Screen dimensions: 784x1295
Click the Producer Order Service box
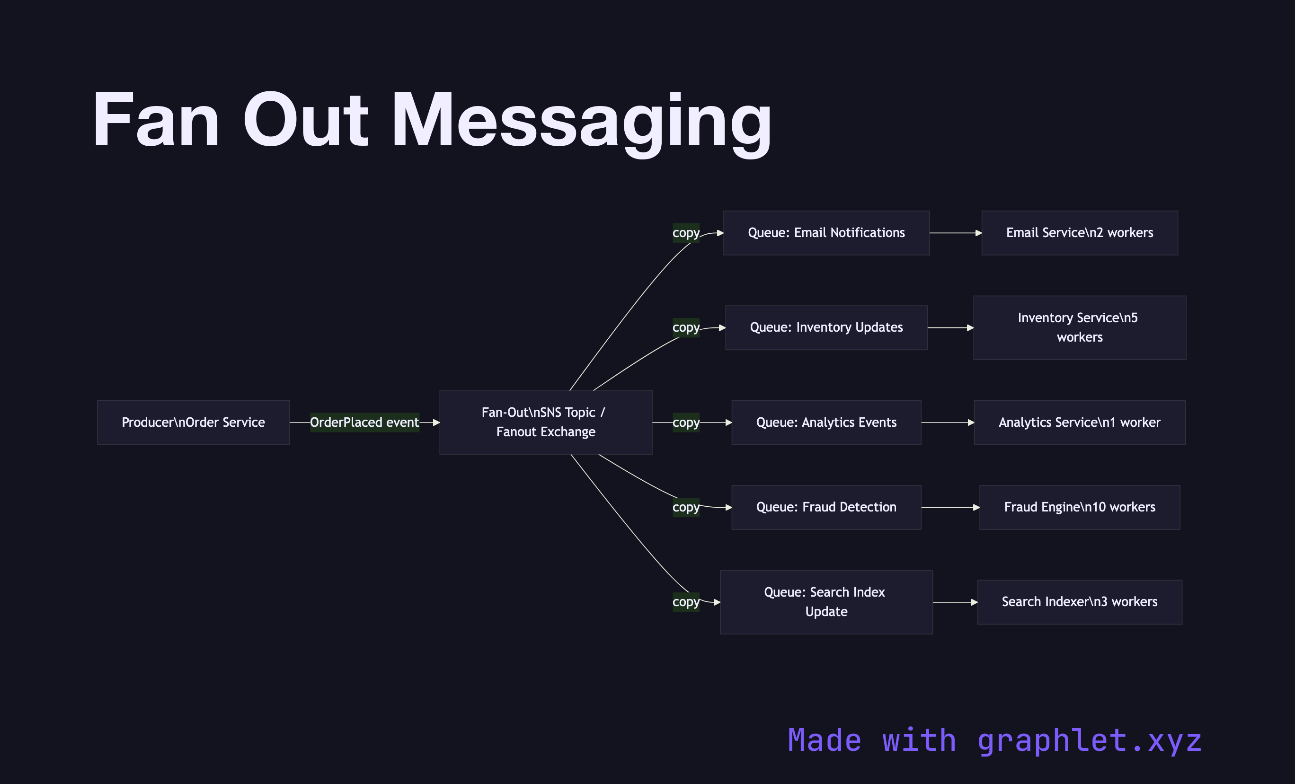pyautogui.click(x=193, y=423)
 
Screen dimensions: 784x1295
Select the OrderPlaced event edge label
pyautogui.click(x=364, y=423)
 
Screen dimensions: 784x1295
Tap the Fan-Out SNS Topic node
pyautogui.click(x=546, y=423)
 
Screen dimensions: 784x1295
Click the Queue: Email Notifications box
pyautogui.click(x=826, y=233)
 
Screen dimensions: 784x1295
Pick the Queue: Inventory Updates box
pyautogui.click(x=826, y=327)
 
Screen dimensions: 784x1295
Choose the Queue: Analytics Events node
pyautogui.click(x=826, y=423)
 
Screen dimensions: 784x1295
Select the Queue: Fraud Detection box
pyautogui.click(x=826, y=507)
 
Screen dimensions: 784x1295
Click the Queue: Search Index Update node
pyautogui.click(x=826, y=602)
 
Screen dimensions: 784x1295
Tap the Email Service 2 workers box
pyautogui.click(x=1080, y=233)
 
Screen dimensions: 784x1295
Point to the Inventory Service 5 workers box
pyautogui.click(x=1080, y=327)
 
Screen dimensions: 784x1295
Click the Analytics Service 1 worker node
pyautogui.click(x=1080, y=423)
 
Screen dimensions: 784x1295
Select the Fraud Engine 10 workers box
pyautogui.click(x=1080, y=507)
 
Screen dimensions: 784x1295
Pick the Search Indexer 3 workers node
pyautogui.click(x=1080, y=602)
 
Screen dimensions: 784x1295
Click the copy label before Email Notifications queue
pyautogui.click(x=686, y=233)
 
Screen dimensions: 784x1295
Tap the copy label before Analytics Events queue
pyautogui.click(x=686, y=423)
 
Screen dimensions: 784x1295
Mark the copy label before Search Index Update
pyautogui.click(x=686, y=602)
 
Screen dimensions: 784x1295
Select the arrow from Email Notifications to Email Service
pyautogui.click(x=955, y=233)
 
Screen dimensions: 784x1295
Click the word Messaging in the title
pyautogui.click(x=581, y=121)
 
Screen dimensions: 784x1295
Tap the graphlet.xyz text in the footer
pyautogui.click(x=1089, y=741)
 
